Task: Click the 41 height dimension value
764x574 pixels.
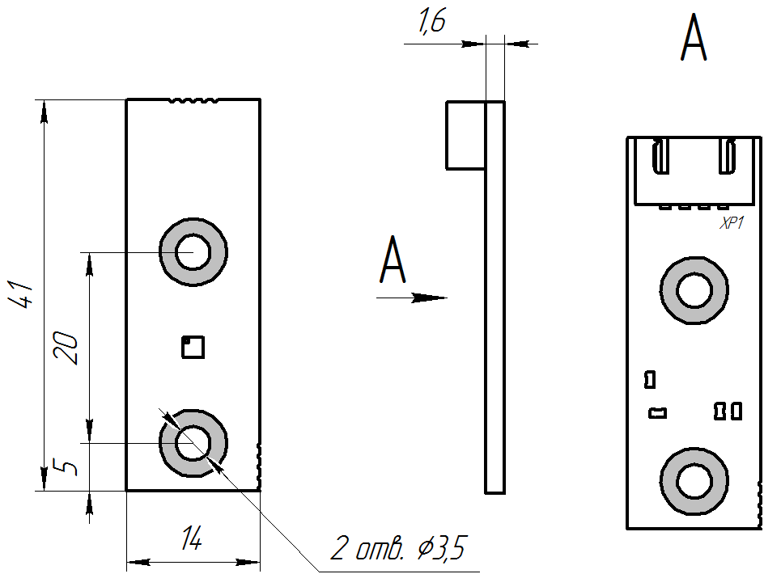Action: pos(22,294)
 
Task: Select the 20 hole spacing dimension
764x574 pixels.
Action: pos(70,348)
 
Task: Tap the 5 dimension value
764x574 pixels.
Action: pos(70,467)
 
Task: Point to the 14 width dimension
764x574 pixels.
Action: pos(192,538)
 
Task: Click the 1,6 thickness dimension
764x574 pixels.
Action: pos(431,23)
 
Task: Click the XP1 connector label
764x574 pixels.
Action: pos(732,224)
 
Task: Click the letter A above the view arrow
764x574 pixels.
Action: pos(393,260)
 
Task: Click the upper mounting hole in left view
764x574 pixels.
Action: pos(193,251)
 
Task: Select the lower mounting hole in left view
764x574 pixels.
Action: pos(193,443)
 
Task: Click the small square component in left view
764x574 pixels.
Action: pos(193,347)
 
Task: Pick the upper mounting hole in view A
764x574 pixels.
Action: pos(694,290)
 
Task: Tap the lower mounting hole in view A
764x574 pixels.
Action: pos(694,483)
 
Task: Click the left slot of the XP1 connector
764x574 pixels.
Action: pos(660,156)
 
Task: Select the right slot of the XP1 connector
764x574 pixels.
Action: pos(727,156)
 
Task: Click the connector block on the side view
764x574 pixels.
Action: pos(465,135)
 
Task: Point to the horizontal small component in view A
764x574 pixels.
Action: pos(658,413)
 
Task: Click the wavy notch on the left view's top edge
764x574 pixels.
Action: pos(193,101)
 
